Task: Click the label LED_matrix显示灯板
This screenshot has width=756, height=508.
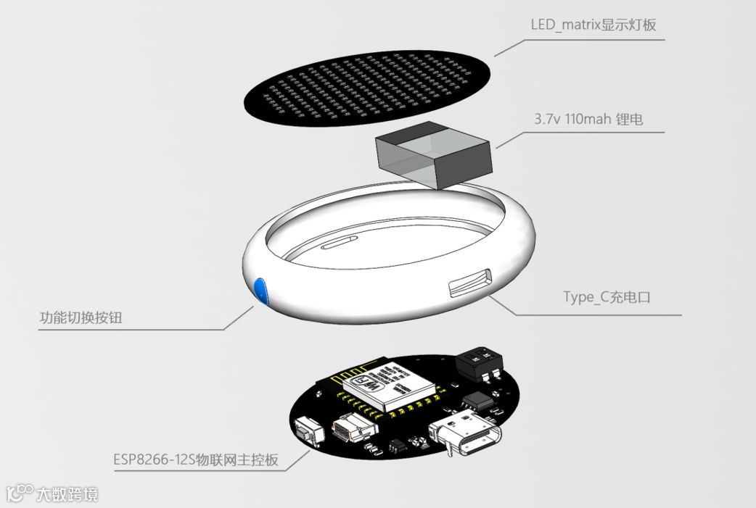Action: [x=593, y=25]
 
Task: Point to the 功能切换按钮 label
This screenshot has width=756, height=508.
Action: [x=86, y=318]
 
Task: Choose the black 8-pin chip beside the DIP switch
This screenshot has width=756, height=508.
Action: [x=477, y=401]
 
